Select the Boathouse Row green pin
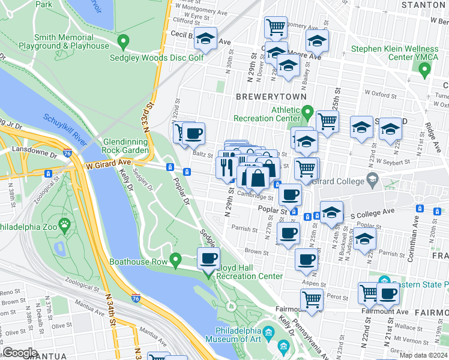click(175, 260)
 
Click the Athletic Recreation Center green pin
click(307, 112)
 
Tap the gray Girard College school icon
click(372, 181)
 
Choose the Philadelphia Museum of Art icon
click(268, 332)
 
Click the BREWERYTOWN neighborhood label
click(271, 96)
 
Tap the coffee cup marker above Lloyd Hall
click(208, 258)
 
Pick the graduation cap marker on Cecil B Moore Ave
click(206, 40)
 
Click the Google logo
click(20, 353)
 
